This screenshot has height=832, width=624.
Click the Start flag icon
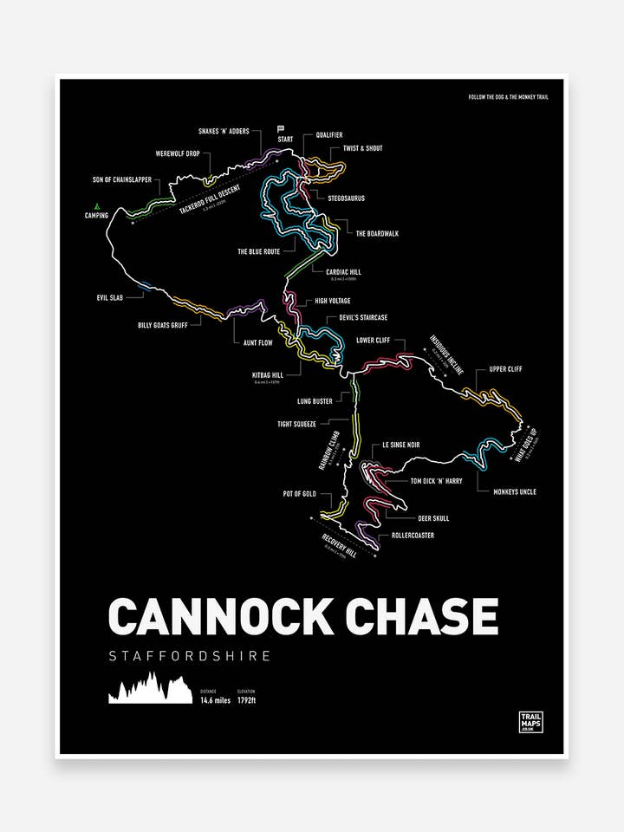point(281,128)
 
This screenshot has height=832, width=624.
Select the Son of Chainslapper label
point(122,179)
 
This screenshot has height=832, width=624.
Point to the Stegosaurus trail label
point(346,198)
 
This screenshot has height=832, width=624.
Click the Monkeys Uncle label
point(515,491)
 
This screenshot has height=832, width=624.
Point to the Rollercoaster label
point(413,536)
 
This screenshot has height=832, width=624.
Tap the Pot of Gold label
point(299,494)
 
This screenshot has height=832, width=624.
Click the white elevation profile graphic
point(149,688)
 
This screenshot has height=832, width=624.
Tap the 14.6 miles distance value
point(216,700)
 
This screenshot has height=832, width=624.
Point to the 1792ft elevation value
point(247,700)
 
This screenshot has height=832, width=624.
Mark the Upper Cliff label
point(505,369)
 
